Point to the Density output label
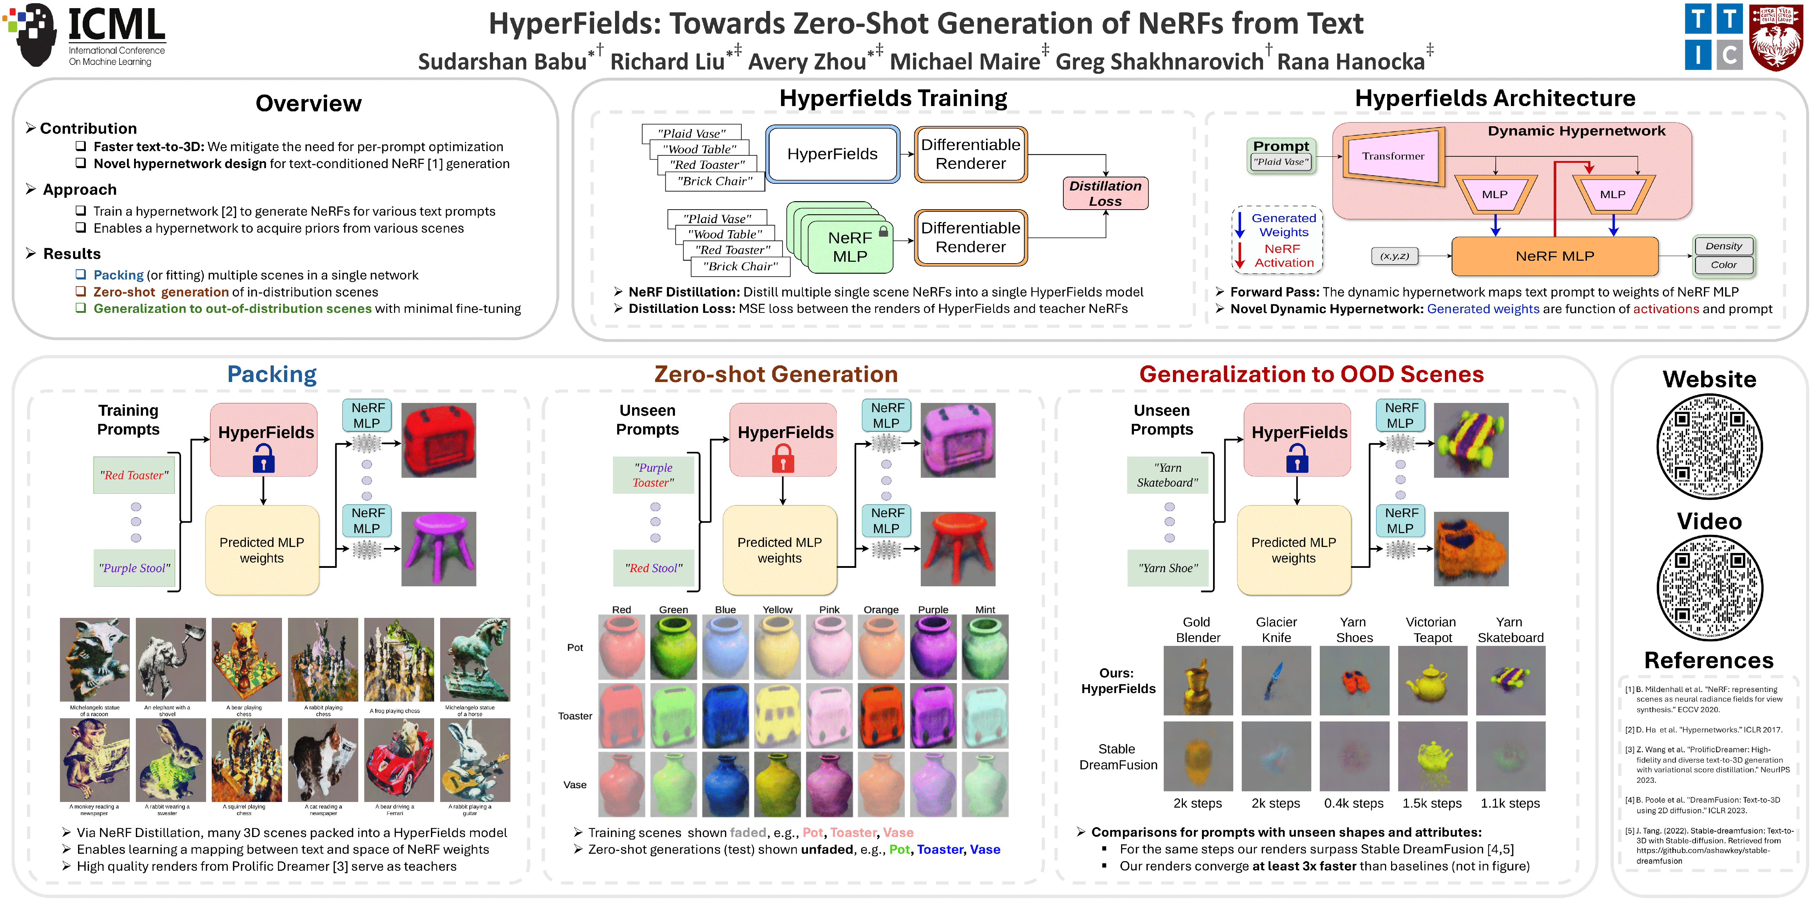point(1723,246)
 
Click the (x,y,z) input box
point(1394,256)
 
